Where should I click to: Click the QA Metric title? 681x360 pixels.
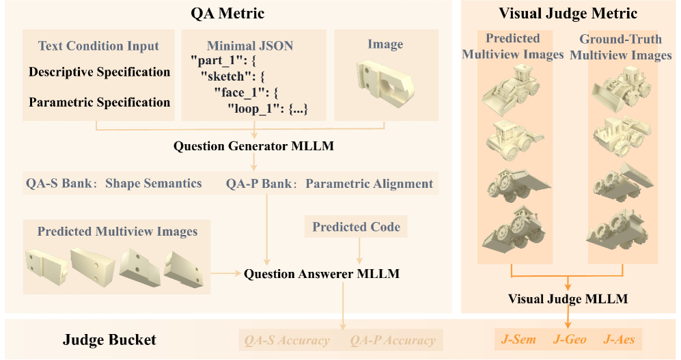(x=227, y=14)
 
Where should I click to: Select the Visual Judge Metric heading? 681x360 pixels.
(x=568, y=14)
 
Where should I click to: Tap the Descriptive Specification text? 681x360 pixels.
(x=100, y=72)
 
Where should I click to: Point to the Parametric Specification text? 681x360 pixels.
(x=100, y=102)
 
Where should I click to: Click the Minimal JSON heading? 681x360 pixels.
(x=250, y=46)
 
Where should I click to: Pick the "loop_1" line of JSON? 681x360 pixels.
(x=268, y=109)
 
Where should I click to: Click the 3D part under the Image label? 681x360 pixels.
(x=385, y=82)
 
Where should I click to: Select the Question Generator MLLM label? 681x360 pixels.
(x=253, y=146)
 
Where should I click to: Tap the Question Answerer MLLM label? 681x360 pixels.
(x=322, y=274)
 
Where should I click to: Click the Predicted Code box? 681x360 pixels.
(x=356, y=227)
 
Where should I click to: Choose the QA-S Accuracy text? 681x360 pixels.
(x=287, y=340)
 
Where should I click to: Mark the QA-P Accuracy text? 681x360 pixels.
(x=393, y=340)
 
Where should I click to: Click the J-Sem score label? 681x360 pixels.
(x=518, y=339)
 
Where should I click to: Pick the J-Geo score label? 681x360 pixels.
(x=570, y=339)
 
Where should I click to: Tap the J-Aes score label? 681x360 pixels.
(x=619, y=339)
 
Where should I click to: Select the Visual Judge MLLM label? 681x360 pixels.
(x=568, y=299)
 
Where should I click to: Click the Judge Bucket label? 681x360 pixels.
(x=109, y=340)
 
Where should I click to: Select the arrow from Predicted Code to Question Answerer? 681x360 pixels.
(x=359, y=251)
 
